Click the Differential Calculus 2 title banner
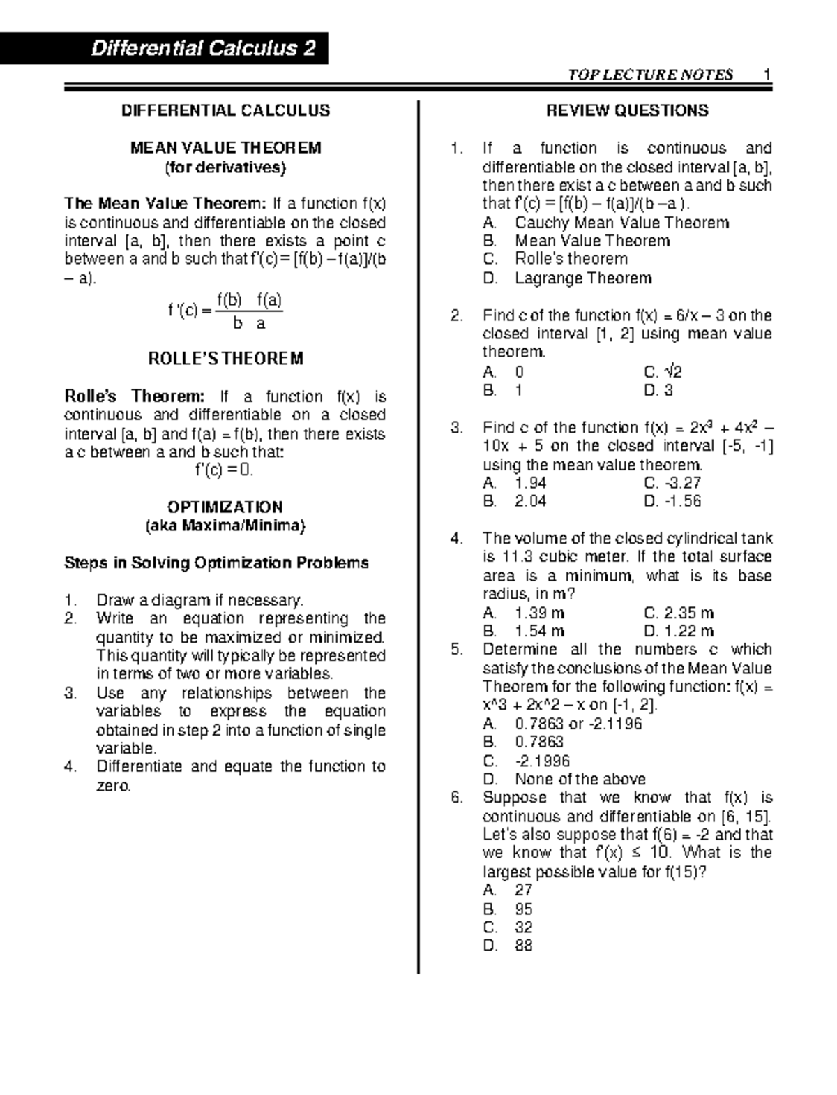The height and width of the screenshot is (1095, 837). tap(202, 49)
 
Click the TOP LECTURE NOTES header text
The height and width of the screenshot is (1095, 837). tap(650, 75)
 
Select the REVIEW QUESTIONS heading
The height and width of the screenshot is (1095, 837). tap(626, 110)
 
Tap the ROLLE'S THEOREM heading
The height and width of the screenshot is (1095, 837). tap(225, 359)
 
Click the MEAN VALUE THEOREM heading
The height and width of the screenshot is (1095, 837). tap(225, 148)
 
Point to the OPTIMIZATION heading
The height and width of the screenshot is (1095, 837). tap(225, 507)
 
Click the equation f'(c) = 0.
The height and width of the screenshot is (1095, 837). tap(225, 470)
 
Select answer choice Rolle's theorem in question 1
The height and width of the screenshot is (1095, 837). tap(571, 259)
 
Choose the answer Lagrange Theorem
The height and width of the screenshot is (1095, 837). tap(582, 278)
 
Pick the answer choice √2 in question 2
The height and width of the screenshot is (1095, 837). tap(663, 371)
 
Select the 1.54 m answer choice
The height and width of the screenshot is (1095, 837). tap(538, 631)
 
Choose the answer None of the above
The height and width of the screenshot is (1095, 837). tap(580, 779)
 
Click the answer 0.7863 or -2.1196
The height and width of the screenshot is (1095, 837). tap(578, 723)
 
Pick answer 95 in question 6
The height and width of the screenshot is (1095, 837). tap(523, 909)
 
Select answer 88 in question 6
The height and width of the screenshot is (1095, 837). tap(523, 946)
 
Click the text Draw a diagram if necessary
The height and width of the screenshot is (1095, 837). tap(199, 600)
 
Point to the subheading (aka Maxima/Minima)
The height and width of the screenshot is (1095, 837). tap(225, 526)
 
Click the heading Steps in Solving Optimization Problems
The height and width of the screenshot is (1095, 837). tap(216, 563)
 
